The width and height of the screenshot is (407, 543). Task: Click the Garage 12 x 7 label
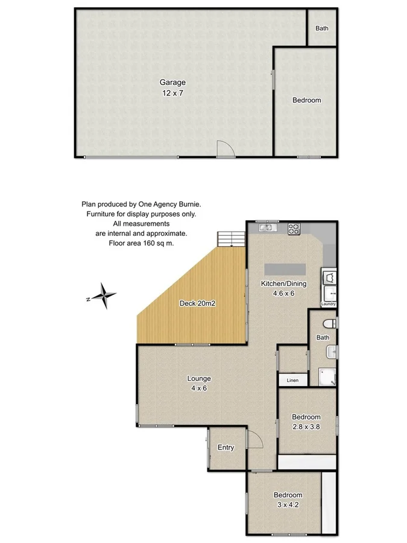tap(172, 87)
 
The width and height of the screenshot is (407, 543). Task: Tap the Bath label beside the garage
tap(322, 28)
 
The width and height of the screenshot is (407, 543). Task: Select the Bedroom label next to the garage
tap(306, 100)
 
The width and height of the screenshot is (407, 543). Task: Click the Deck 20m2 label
tap(198, 303)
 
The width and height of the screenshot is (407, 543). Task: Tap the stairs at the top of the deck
tap(231, 239)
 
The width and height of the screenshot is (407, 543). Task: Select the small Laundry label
tap(328, 304)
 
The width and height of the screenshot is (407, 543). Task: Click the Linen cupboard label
tap(292, 381)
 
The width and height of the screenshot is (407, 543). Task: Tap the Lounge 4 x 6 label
tap(198, 383)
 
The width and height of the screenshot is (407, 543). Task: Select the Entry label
tap(226, 447)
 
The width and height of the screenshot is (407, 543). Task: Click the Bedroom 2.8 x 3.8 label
tap(306, 421)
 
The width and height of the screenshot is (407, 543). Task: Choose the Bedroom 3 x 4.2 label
tap(287, 500)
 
